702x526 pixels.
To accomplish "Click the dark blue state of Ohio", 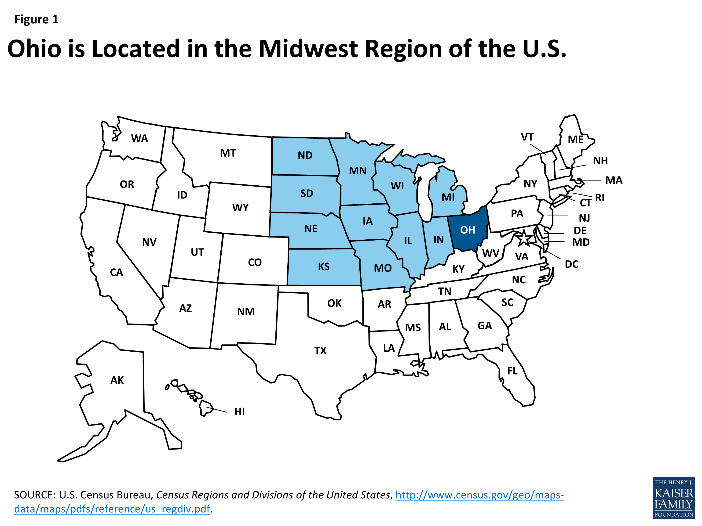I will [x=468, y=230].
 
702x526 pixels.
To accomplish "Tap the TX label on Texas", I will [x=320, y=351].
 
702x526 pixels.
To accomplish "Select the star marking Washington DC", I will [x=523, y=238].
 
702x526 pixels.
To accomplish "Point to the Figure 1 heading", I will [x=36, y=20].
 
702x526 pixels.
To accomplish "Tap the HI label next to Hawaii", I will [x=239, y=411].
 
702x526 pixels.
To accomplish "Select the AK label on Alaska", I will [x=117, y=380].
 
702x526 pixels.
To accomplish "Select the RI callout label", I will [x=600, y=198].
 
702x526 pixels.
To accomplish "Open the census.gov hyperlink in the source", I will [x=479, y=495].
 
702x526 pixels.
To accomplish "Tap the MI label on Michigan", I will [x=448, y=198].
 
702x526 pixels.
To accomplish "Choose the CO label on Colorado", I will [x=255, y=263].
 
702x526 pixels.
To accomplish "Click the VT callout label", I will [x=527, y=137].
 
